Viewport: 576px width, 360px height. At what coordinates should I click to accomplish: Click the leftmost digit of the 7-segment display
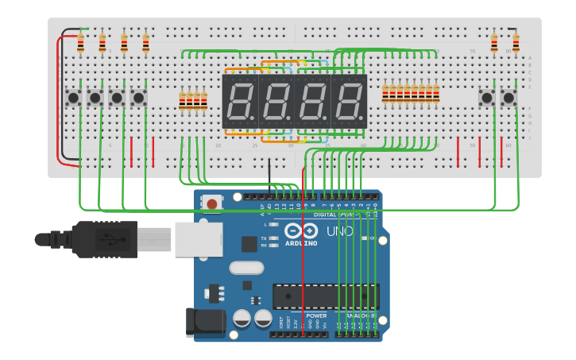pos(240,102)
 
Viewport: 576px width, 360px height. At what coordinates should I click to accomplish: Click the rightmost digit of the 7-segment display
pos(350,102)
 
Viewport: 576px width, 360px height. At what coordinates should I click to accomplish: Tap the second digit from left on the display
pos(276,102)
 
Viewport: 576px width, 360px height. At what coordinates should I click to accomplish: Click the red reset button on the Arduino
pos(211,203)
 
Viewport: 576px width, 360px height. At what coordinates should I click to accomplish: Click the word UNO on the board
pos(339,232)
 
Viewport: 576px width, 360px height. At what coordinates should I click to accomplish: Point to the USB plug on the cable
pos(104,238)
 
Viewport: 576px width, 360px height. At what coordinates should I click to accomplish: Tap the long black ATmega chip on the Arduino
pos(326,296)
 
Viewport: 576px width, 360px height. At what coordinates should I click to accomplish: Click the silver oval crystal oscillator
pos(246,268)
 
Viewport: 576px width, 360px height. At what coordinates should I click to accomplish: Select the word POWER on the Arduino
pos(316,315)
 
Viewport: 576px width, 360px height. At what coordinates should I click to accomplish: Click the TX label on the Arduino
pos(264,237)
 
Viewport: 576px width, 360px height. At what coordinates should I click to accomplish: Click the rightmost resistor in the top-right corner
pos(516,42)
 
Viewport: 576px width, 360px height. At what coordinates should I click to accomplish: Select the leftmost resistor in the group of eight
pos(386,94)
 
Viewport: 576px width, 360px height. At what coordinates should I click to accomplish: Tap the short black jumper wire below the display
pos(269,172)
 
